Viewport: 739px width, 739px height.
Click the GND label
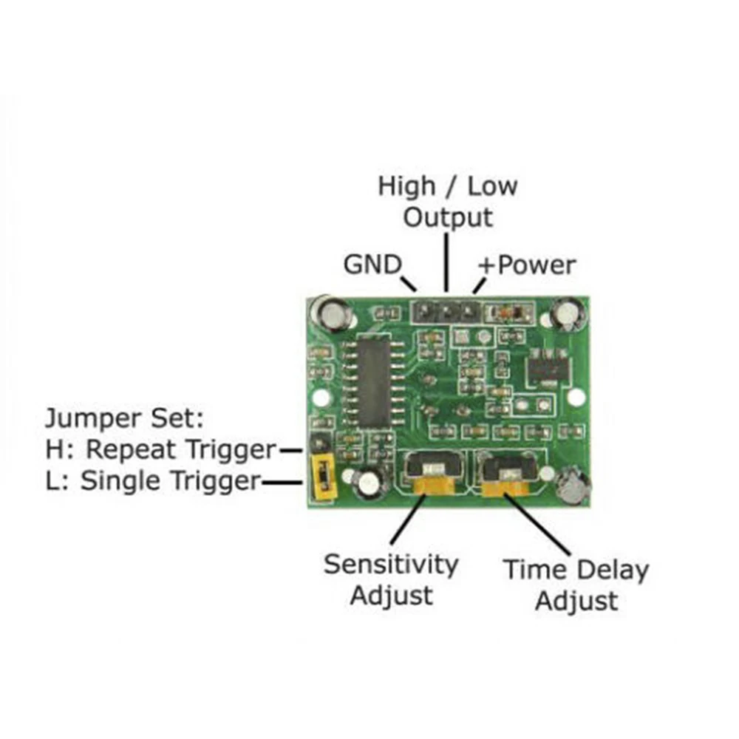click(372, 264)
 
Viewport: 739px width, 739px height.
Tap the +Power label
click(526, 265)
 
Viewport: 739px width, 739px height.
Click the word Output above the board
click(448, 217)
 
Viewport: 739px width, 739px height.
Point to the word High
click(406, 185)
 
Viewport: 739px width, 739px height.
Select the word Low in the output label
click(492, 185)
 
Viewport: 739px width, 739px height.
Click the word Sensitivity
click(391, 565)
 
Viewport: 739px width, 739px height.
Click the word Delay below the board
click(613, 570)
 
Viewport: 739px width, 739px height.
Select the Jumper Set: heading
click(123, 418)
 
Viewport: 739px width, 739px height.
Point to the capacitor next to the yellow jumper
click(367, 485)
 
